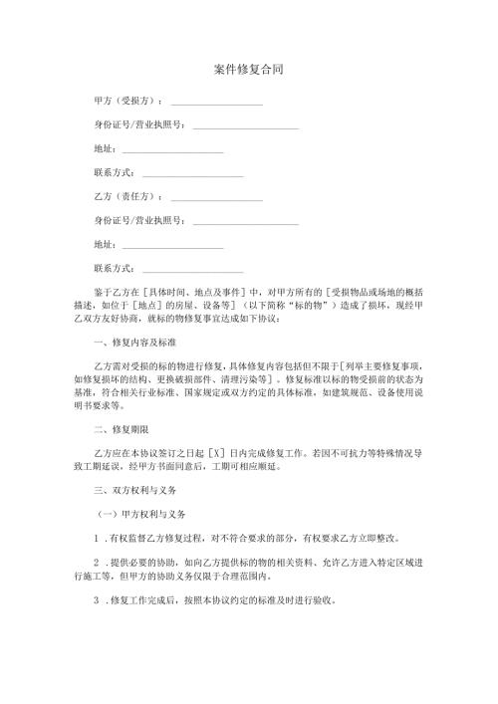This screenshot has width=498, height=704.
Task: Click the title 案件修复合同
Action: click(249, 71)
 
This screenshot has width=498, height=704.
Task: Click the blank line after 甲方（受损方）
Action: click(216, 104)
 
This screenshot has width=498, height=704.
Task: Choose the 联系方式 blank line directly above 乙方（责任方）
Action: click(192, 175)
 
